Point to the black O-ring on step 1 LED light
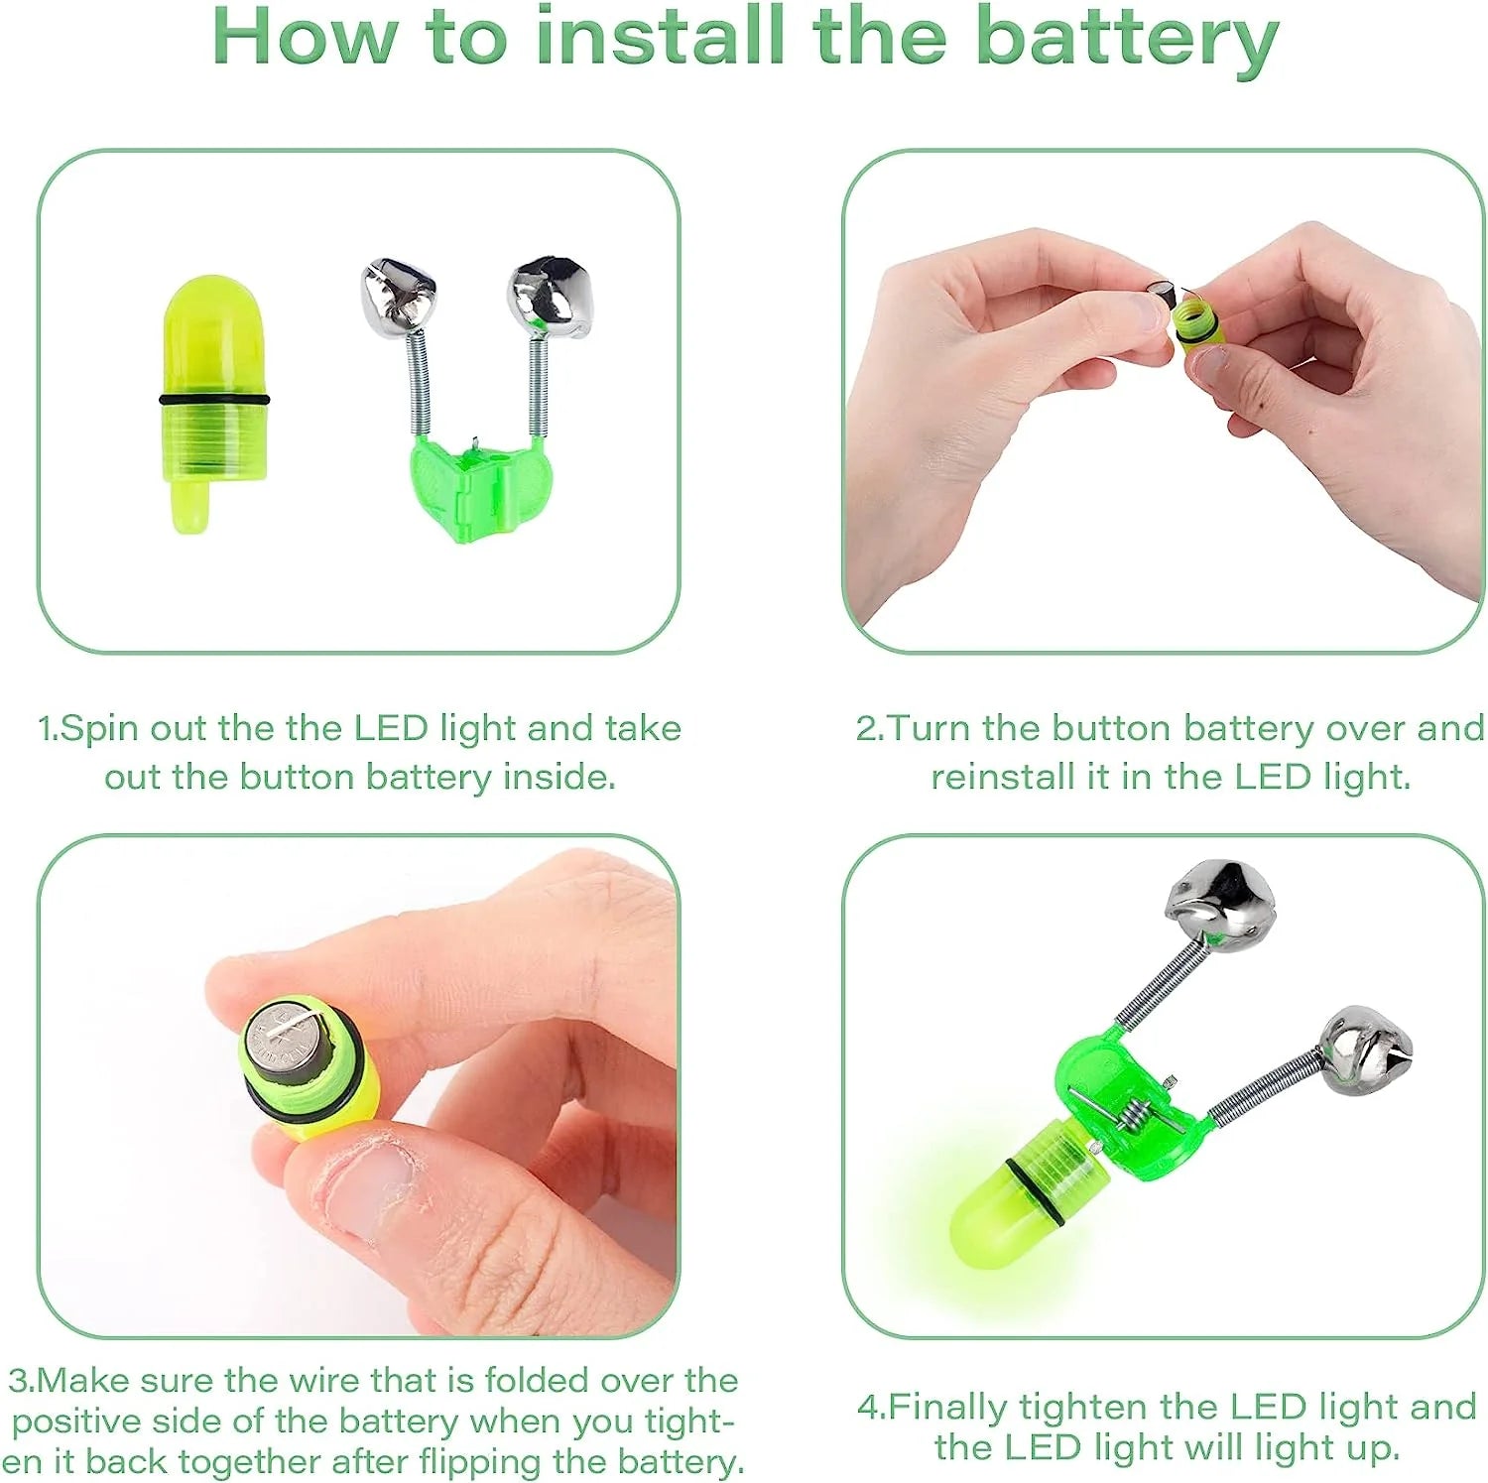(213, 400)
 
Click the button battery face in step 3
(282, 1040)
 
